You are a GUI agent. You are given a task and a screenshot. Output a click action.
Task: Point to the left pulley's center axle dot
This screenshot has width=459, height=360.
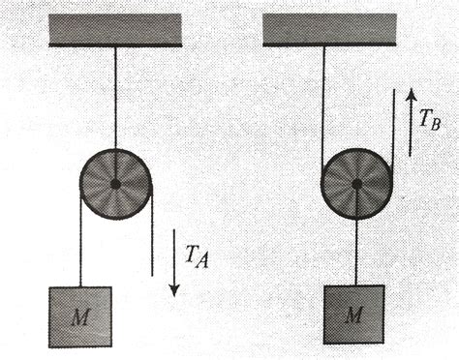[x=115, y=183]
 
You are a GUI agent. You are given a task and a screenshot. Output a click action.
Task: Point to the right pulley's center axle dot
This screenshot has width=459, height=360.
[x=356, y=183]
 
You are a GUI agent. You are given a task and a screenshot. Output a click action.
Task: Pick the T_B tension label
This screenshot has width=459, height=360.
[x=432, y=119]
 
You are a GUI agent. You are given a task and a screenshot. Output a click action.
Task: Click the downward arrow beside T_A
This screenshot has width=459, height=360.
[x=173, y=262]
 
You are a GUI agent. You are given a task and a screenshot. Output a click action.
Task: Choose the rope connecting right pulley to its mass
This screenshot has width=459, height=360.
[x=356, y=252]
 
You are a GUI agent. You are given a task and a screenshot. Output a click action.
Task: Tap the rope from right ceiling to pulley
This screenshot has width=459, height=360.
[x=322, y=106]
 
